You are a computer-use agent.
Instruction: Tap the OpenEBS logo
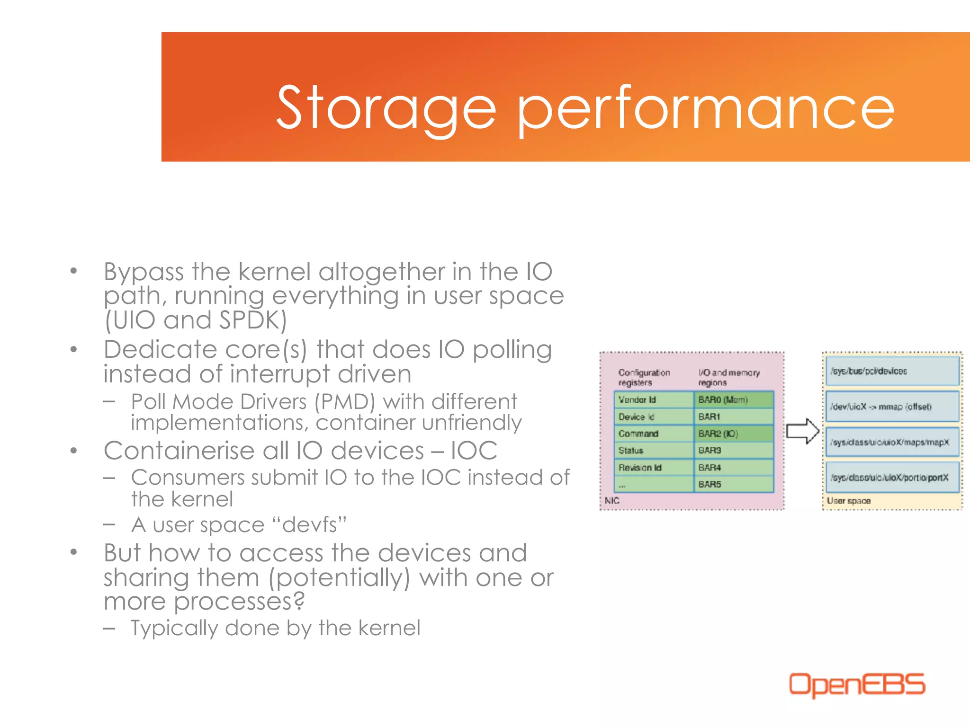tap(856, 684)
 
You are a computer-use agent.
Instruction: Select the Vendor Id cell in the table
tap(654, 400)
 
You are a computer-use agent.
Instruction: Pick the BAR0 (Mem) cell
tap(733, 400)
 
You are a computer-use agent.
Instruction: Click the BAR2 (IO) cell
tap(733, 434)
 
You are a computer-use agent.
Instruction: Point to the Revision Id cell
tap(654, 468)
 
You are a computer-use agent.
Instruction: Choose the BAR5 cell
tap(733, 484)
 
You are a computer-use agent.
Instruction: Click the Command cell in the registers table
tap(654, 434)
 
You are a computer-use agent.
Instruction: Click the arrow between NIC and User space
tap(803, 431)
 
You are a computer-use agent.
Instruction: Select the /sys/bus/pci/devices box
tap(892, 371)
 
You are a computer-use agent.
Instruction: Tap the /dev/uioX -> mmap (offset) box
tap(892, 407)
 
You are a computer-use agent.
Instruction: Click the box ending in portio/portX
tap(892, 478)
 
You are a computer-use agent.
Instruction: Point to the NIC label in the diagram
tap(612, 501)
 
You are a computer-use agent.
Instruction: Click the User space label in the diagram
tap(848, 501)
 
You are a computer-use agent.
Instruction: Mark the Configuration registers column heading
tap(644, 377)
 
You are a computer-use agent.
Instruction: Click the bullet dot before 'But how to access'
tap(73, 552)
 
